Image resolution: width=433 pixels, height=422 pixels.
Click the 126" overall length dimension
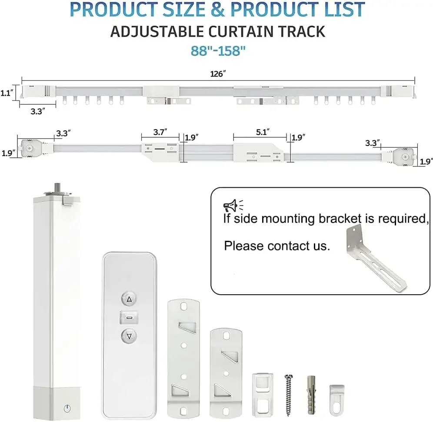(x=218, y=74)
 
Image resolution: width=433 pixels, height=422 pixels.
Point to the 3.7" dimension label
(x=159, y=131)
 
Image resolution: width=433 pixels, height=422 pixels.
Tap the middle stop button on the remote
(x=129, y=318)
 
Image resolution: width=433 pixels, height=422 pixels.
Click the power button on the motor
(x=66, y=409)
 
